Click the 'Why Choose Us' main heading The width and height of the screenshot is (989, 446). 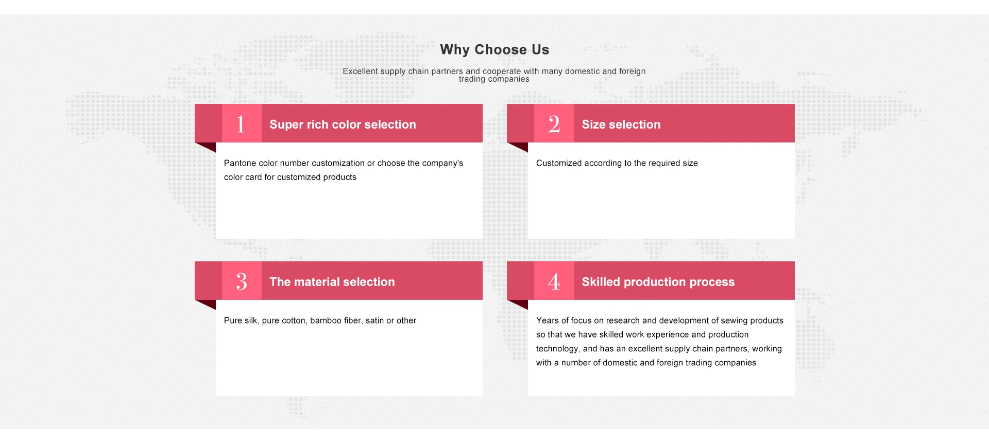pyautogui.click(x=494, y=50)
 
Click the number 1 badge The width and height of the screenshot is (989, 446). pyautogui.click(x=242, y=123)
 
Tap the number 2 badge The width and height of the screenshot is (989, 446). pyautogui.click(x=554, y=123)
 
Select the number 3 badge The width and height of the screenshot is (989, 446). pyautogui.click(x=242, y=281)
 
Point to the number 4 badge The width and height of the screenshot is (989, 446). pyautogui.click(x=554, y=281)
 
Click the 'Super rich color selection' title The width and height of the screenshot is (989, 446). pyautogui.click(x=343, y=124)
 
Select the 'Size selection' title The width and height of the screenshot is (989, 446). pyautogui.click(x=621, y=124)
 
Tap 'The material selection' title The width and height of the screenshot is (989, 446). pyautogui.click(x=332, y=282)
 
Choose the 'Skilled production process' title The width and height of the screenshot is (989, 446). pyautogui.click(x=658, y=282)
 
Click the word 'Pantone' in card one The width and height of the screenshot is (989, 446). pyautogui.click(x=240, y=163)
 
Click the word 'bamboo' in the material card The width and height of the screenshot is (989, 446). pyautogui.click(x=326, y=320)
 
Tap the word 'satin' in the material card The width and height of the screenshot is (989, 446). pyautogui.click(x=374, y=320)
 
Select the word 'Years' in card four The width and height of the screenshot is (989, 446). pyautogui.click(x=547, y=320)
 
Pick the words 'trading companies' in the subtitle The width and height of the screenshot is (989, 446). pyautogui.click(x=494, y=79)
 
